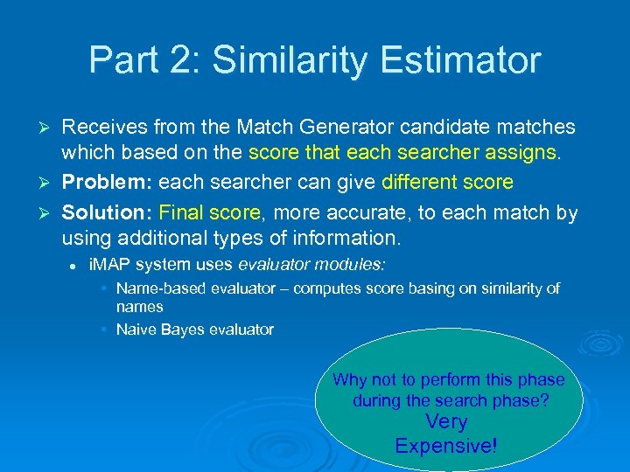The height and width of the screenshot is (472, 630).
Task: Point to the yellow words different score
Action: click(447, 183)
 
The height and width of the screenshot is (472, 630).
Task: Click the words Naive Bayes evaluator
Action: click(194, 330)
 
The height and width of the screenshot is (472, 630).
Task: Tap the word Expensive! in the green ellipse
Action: click(445, 446)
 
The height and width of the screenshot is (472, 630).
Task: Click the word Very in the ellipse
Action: click(446, 422)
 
